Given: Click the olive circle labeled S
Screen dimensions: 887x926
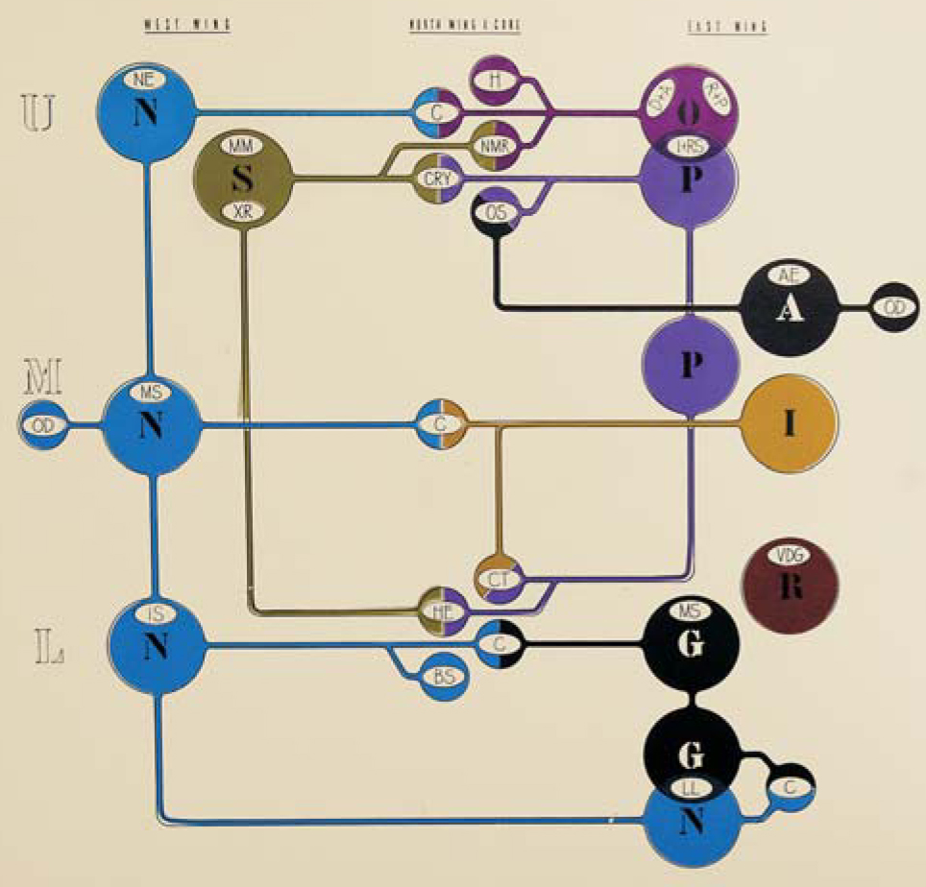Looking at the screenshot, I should tap(242, 178).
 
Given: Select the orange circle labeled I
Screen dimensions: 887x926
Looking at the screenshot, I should tap(790, 422).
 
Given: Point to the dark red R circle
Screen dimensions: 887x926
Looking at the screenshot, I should tap(791, 587).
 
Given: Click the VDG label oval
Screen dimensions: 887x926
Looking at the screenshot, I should tap(791, 555).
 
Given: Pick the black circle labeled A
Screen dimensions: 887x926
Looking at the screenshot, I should tap(789, 308).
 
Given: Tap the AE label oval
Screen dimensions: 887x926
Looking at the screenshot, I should tap(790, 276).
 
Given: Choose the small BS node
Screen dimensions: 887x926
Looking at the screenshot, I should tap(444, 677).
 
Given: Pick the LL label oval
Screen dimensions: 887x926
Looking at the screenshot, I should tap(692, 788).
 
